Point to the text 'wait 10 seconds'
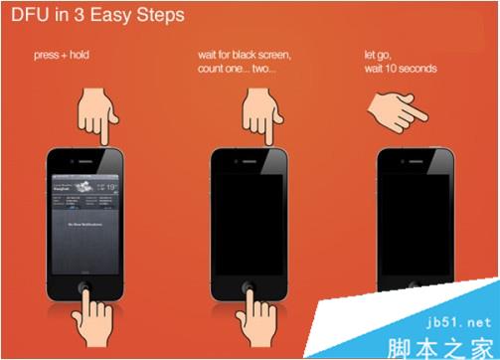[400, 71]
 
